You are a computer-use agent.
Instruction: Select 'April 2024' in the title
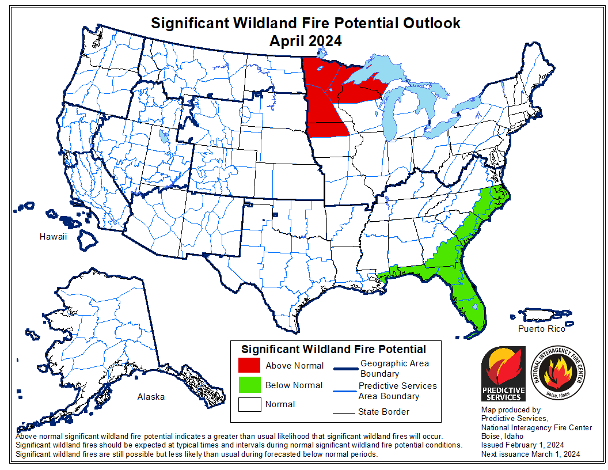(x=305, y=41)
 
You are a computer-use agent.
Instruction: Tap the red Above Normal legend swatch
(x=249, y=365)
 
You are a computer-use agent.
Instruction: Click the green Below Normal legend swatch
(x=249, y=385)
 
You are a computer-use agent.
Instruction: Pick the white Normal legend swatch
(x=249, y=404)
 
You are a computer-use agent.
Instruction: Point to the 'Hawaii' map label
(x=54, y=237)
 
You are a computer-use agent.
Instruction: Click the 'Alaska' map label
(x=151, y=397)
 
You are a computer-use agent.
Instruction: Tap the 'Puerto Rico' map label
(x=541, y=329)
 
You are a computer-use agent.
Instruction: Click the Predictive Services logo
(x=503, y=374)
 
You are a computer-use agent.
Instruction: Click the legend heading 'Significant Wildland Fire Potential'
(x=333, y=349)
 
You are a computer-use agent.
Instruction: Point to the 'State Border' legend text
(x=384, y=411)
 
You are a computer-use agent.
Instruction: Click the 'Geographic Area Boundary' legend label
(x=394, y=369)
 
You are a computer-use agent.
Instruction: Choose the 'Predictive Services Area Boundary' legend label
(x=397, y=391)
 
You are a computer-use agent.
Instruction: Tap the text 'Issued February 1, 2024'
(x=522, y=445)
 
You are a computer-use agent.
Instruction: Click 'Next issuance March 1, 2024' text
(x=530, y=454)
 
